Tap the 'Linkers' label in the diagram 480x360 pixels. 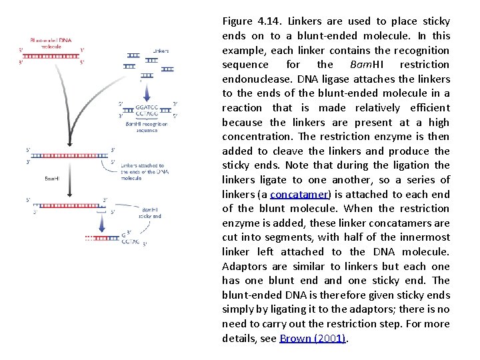point(161,51)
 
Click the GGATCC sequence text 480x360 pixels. point(147,107)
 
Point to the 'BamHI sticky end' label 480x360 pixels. point(149,213)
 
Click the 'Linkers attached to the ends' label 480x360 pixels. point(142,172)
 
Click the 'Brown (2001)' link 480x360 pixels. point(313,339)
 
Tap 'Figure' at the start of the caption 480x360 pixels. point(237,21)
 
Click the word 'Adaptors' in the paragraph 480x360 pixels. point(243,267)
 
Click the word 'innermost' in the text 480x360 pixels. point(425,238)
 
